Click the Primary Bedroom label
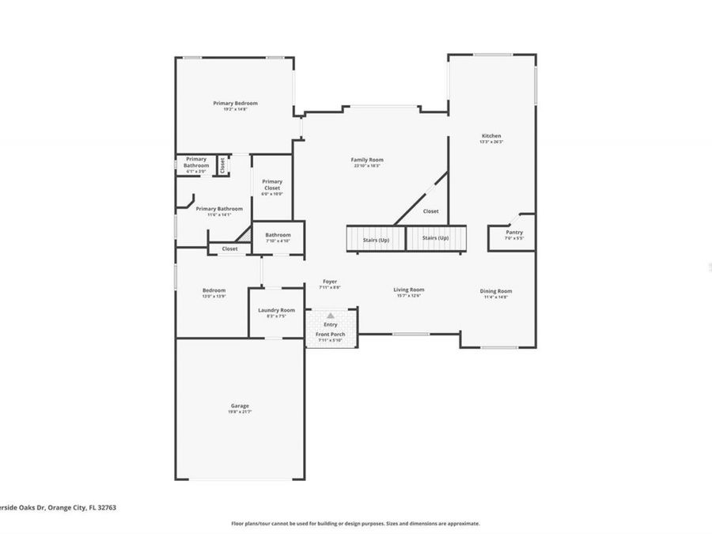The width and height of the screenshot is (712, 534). [235, 103]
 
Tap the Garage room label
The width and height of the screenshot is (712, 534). [239, 406]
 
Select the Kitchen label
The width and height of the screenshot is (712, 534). [491, 136]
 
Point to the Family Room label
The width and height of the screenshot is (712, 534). [365, 160]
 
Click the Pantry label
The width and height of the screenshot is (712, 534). [514, 232]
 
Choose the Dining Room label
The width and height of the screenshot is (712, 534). [496, 291]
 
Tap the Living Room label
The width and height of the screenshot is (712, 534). [409, 290]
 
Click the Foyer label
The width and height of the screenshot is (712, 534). [330, 282]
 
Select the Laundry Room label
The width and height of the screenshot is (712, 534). [276, 310]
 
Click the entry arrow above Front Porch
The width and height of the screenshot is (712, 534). [331, 315]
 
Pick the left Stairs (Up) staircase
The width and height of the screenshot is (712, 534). [376, 239]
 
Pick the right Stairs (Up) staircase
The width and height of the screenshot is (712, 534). [436, 238]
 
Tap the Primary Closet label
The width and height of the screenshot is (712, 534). [272, 184]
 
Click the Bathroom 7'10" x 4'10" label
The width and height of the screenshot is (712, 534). [278, 235]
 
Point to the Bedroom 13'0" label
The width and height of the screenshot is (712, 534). [214, 290]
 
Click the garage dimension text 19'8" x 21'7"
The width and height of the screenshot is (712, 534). [239, 412]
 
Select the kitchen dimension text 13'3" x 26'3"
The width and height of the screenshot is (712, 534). [491, 142]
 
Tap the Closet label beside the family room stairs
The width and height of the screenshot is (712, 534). [431, 211]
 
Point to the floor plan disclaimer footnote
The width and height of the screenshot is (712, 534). [355, 524]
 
